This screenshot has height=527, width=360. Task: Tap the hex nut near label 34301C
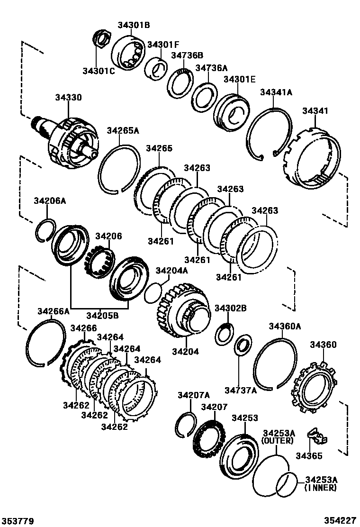coord(101,38)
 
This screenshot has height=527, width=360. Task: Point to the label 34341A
coord(276,93)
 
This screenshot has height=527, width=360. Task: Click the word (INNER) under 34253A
coord(321,488)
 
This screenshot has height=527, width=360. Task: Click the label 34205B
coord(102,315)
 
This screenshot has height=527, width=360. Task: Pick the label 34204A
coord(172,271)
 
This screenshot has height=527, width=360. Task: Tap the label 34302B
coord(231,309)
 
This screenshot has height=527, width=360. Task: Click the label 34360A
coord(285,326)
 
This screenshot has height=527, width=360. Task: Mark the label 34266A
coord(54,311)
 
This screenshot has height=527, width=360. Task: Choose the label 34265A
coord(123,131)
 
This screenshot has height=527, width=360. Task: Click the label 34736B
coord(187,55)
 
